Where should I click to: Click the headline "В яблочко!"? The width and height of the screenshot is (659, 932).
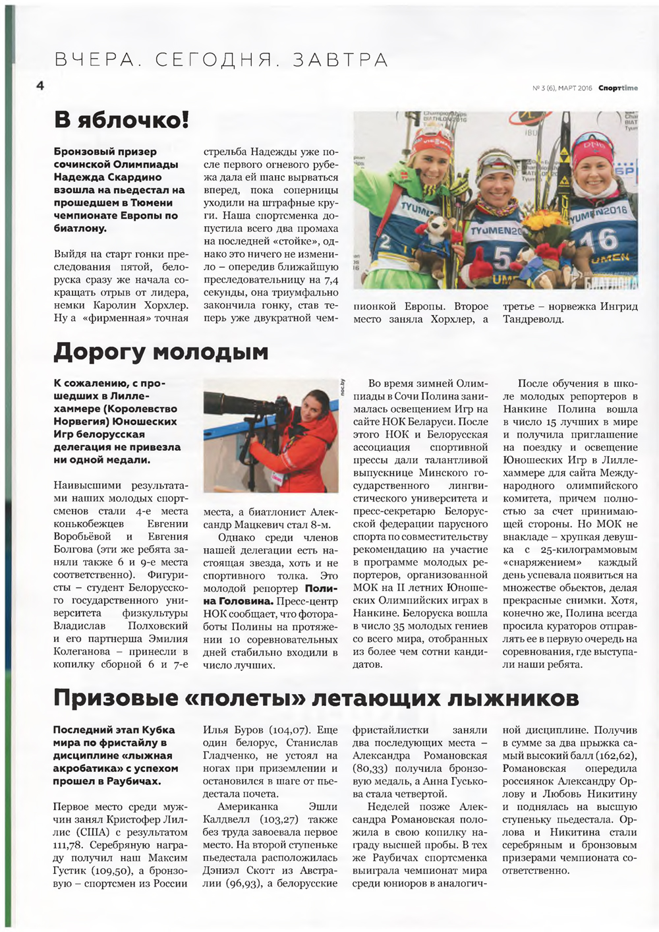pyautogui.click(x=121, y=120)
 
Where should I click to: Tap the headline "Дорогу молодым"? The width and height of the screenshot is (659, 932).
pyautogui.click(x=161, y=352)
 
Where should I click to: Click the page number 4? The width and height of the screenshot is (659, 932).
pyautogui.click(x=40, y=86)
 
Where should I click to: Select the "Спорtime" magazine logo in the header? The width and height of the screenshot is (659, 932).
pyautogui.click(x=618, y=88)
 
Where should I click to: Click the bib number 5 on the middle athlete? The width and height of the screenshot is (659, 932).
pyautogui.click(x=502, y=259)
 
